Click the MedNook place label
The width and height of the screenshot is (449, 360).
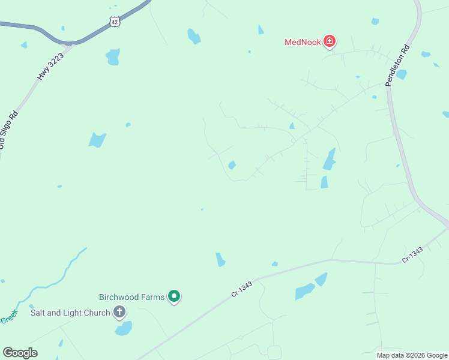click(303, 41)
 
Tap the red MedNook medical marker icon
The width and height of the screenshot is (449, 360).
click(329, 41)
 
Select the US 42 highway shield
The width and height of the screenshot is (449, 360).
click(114, 21)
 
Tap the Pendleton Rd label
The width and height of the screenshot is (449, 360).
click(397, 65)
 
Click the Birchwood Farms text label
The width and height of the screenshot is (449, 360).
click(131, 297)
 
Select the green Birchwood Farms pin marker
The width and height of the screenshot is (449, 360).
click(174, 296)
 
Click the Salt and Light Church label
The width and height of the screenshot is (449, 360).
click(70, 313)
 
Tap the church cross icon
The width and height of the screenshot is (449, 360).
click(119, 312)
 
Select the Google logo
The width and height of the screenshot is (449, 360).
click(20, 353)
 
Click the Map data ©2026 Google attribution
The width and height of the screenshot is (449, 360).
click(412, 355)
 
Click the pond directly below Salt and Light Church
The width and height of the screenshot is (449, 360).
click(124, 328)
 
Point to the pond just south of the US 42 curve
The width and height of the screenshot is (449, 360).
click(113, 56)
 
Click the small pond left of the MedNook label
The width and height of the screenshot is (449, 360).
click(261, 29)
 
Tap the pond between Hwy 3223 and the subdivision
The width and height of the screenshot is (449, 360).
click(97, 140)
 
